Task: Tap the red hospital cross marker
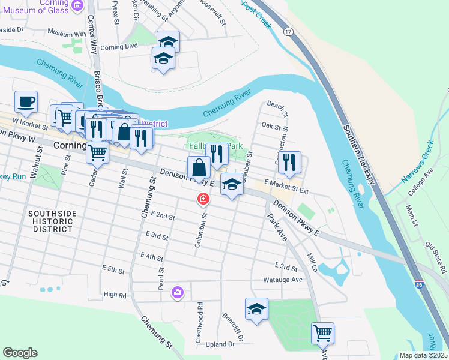[x=204, y=199]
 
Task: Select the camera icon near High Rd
[x=177, y=292]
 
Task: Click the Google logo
[x=20, y=353]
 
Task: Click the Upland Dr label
[x=219, y=344]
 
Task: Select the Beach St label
[x=278, y=109]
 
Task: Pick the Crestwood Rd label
[x=199, y=326]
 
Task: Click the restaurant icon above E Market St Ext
[x=289, y=160]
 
